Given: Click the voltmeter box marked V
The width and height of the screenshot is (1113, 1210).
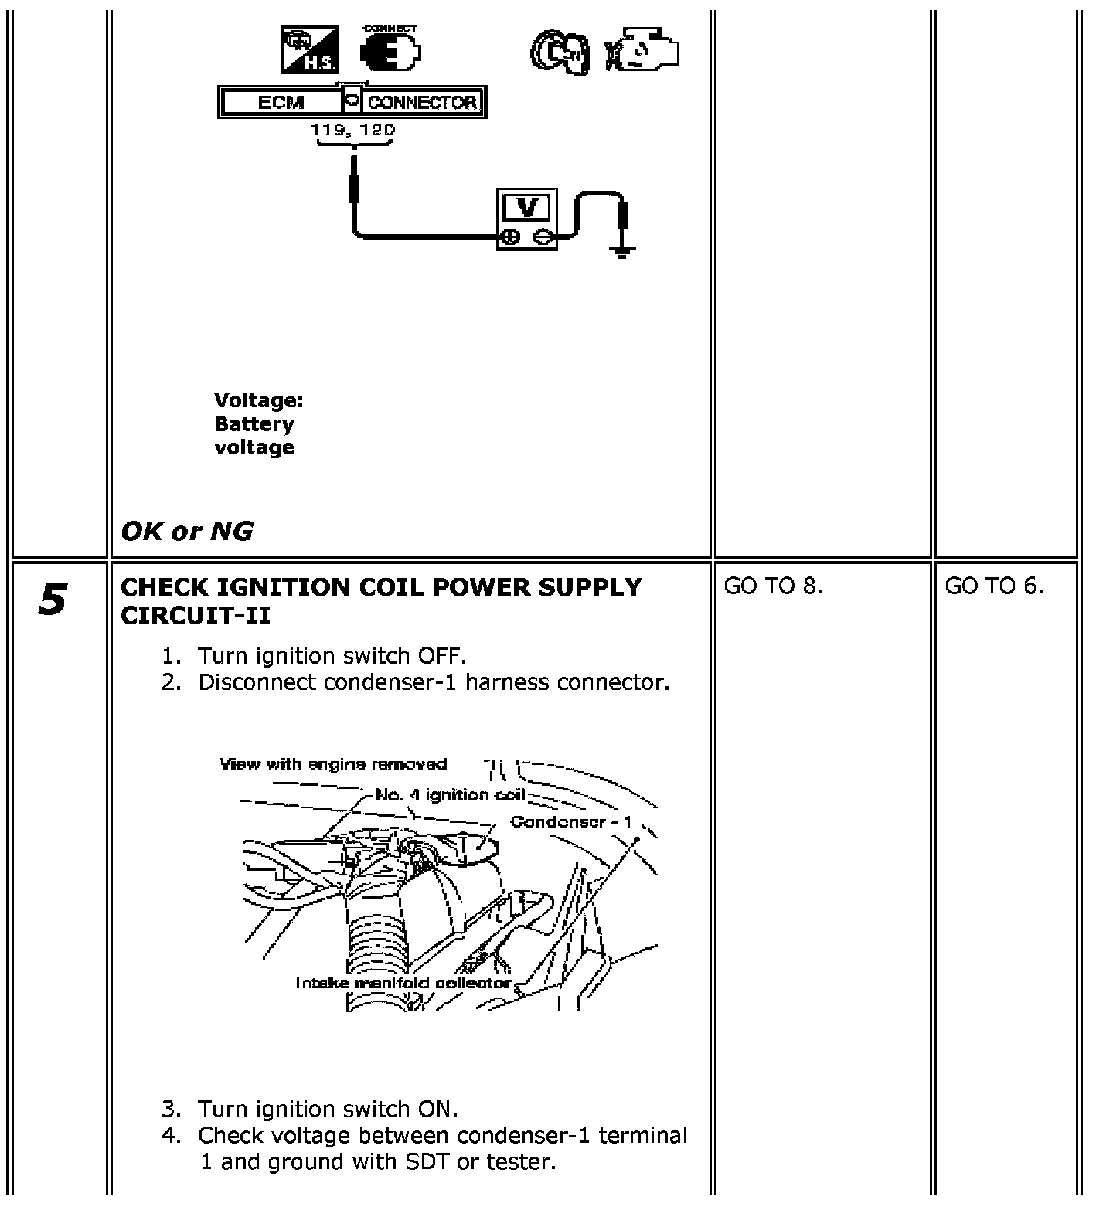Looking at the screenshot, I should point(526,220).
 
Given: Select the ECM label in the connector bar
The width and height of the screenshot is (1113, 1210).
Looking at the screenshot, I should point(281,102).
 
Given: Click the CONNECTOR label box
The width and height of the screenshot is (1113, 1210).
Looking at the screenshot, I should point(422,102).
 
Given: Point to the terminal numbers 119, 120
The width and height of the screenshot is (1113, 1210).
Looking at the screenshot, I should point(352,130).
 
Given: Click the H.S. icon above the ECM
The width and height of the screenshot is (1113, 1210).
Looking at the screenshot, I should point(308,51).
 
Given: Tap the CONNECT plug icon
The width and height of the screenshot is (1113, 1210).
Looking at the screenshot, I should point(391,51).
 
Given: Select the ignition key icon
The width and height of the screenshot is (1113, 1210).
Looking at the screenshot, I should point(560,53).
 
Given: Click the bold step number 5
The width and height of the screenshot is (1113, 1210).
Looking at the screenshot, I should point(52,601).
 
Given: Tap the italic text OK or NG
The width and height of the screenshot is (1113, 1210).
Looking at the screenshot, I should point(187,532).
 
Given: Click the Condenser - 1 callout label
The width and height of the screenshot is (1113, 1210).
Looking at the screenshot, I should point(570,821).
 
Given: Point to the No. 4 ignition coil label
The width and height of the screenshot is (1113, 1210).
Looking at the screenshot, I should point(450,795).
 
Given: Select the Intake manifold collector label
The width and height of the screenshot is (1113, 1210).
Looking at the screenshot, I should point(403,982).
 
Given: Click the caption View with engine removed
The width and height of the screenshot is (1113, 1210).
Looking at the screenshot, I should point(333,764).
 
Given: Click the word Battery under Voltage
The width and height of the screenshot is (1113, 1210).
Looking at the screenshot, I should point(254,424).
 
